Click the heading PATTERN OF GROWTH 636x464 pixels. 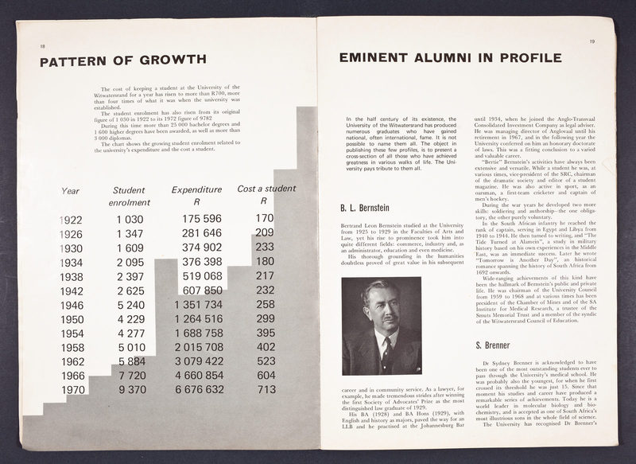[123, 60]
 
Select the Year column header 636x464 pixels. [71, 191]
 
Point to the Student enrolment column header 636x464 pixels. [129, 197]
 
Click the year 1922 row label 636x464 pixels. [71, 219]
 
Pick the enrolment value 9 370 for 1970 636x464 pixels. [131, 390]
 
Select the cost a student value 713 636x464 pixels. [266, 389]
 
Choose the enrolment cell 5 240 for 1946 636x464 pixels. [130, 305]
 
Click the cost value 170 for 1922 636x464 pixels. [265, 217]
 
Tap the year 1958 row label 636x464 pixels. [72, 348]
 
